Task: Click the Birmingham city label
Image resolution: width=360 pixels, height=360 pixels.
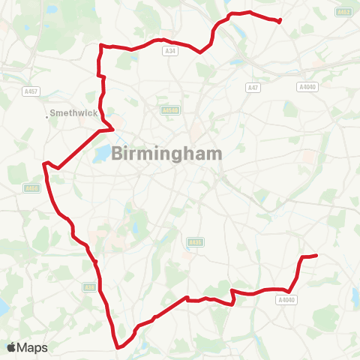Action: (167, 153)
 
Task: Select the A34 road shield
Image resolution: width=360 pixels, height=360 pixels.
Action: (169, 51)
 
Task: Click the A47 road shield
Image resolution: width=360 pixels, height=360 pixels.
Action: (253, 88)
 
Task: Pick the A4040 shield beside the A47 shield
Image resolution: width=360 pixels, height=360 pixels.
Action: (307, 88)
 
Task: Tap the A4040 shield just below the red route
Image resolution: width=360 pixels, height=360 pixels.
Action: (286, 300)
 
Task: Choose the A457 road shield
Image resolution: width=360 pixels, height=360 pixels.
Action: (31, 91)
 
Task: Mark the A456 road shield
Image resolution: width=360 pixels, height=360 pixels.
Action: (31, 188)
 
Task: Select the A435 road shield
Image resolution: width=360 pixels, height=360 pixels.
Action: (195, 242)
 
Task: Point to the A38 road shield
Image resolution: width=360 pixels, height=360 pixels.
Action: (89, 286)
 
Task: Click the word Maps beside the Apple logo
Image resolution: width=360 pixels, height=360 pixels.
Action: (32, 347)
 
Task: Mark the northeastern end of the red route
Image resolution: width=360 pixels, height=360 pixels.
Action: (280, 21)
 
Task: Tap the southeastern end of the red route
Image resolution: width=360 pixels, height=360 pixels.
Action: (317, 256)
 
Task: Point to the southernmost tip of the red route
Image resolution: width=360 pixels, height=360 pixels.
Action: (118, 347)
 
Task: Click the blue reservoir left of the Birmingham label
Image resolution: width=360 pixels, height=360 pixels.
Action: (101, 156)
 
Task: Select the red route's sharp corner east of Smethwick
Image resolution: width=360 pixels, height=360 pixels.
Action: (113, 128)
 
